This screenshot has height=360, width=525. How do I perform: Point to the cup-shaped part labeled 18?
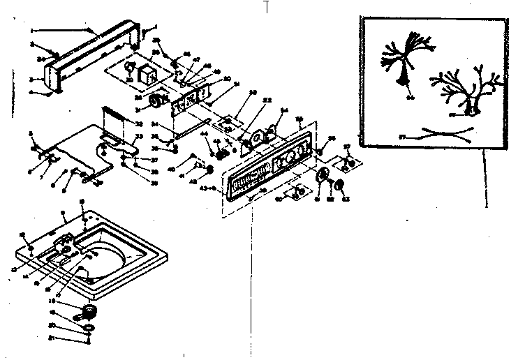click(x=89, y=311)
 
